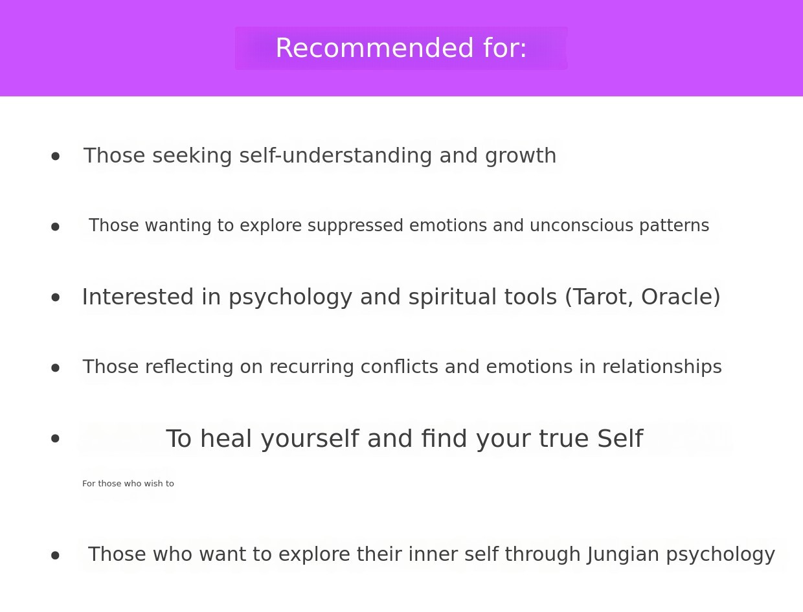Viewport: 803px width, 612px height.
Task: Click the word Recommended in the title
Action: [374, 48]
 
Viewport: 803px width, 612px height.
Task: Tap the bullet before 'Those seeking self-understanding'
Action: [55, 157]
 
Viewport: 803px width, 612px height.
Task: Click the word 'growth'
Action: [521, 157]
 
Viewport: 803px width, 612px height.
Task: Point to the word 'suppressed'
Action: [356, 226]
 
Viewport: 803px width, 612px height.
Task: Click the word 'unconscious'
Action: [582, 225]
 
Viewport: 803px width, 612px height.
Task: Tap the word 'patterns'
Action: [674, 226]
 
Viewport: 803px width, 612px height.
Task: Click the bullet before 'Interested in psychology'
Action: [55, 297]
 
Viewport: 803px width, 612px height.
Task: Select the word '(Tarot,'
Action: [599, 297]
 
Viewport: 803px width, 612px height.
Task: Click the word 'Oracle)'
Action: [681, 297]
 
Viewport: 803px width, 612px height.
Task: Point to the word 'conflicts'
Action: [399, 367]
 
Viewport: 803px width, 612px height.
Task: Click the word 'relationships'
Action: [662, 367]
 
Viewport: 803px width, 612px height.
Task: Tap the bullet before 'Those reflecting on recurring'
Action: [55, 368]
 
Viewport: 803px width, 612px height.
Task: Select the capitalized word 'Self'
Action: [620, 438]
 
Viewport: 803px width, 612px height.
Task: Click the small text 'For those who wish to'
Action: [128, 484]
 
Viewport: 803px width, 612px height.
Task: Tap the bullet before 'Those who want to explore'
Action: [55, 556]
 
